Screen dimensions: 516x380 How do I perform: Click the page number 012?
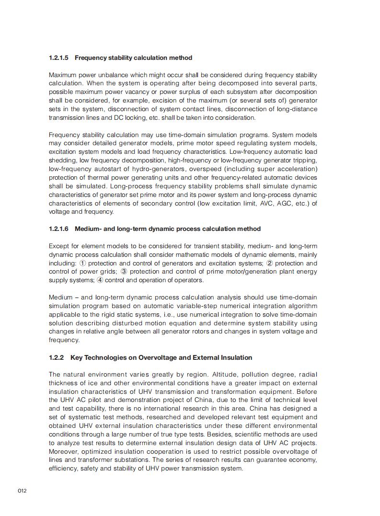[22, 491]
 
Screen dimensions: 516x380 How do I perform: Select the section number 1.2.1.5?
[58, 58]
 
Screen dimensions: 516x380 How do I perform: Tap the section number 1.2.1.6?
[58, 229]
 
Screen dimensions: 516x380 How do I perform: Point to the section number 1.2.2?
[56, 357]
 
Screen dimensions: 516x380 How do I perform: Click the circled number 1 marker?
[82, 263]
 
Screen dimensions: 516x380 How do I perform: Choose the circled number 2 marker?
[270, 263]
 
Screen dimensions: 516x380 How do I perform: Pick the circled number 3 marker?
[124, 272]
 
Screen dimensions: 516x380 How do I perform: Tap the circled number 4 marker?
[100, 280]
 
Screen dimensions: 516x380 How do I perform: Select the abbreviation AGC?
[282, 203]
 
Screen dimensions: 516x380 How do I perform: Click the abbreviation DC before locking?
[119, 117]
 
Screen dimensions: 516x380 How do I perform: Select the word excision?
[154, 100]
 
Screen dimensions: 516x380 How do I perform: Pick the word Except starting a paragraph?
[59, 246]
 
